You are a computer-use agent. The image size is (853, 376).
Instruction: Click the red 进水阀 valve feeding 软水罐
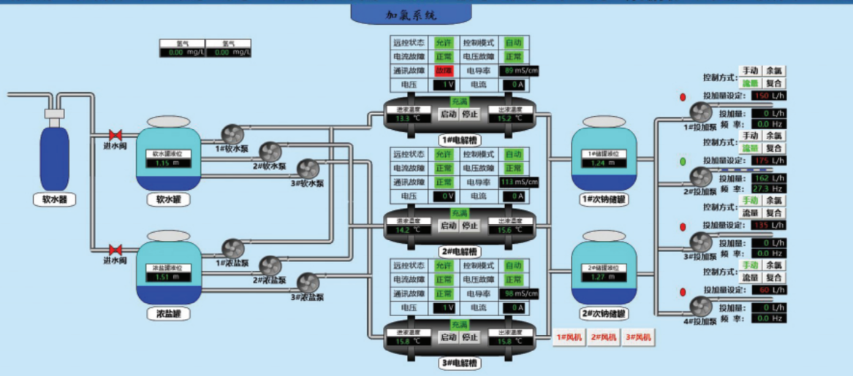(x=115, y=135)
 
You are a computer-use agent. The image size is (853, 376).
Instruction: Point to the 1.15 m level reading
(x=167, y=163)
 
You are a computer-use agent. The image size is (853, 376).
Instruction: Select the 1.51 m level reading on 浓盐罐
(x=167, y=277)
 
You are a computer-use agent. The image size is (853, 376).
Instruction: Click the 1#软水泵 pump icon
(x=233, y=134)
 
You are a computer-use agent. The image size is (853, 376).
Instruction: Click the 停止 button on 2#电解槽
(x=469, y=226)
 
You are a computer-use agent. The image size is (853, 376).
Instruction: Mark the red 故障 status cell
(x=444, y=71)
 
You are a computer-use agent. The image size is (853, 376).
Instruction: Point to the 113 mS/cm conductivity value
(x=518, y=182)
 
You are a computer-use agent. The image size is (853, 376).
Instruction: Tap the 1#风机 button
(x=567, y=337)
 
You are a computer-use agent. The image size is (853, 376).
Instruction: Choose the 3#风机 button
(x=638, y=337)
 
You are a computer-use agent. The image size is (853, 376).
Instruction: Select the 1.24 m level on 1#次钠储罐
(x=604, y=163)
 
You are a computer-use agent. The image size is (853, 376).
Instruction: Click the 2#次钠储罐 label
(x=604, y=315)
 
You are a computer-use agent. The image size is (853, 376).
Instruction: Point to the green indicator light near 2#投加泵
(x=683, y=161)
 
